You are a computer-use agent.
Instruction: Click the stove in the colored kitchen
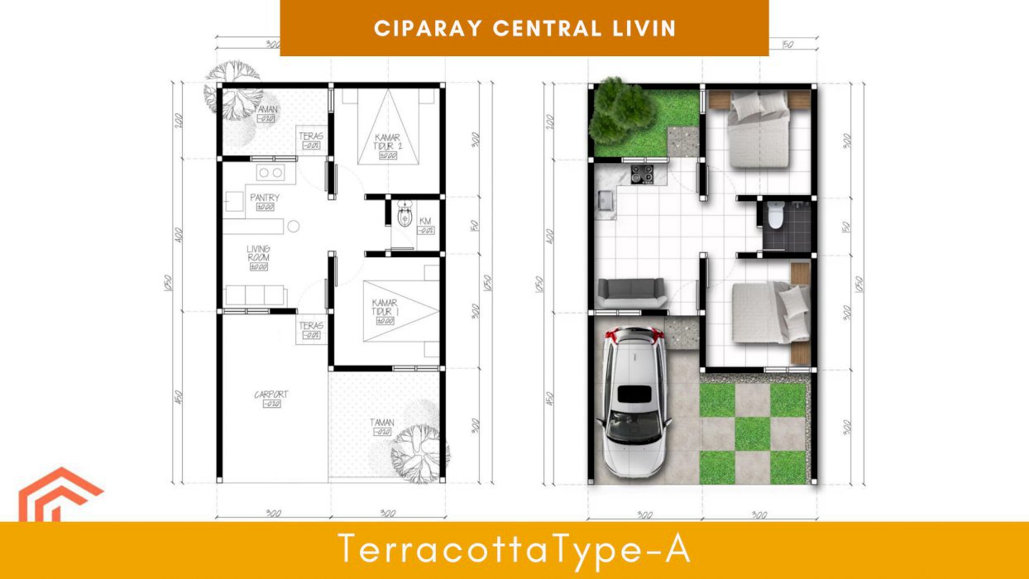click(x=643, y=175)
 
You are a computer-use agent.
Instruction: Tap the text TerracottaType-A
click(x=514, y=550)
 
